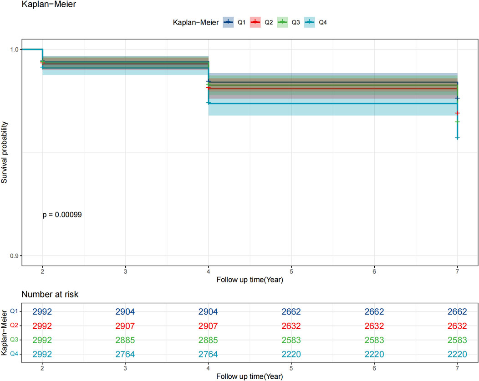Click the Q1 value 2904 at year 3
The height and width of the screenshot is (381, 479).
[125, 312]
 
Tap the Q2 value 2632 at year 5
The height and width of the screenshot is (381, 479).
[291, 326]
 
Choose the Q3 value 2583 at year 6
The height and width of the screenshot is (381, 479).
[374, 339]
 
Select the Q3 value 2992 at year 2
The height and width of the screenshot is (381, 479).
[42, 339]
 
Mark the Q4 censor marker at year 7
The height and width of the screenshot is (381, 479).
[457, 138]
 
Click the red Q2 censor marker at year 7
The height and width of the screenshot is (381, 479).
[457, 113]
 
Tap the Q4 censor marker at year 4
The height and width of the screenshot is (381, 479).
[209, 103]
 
